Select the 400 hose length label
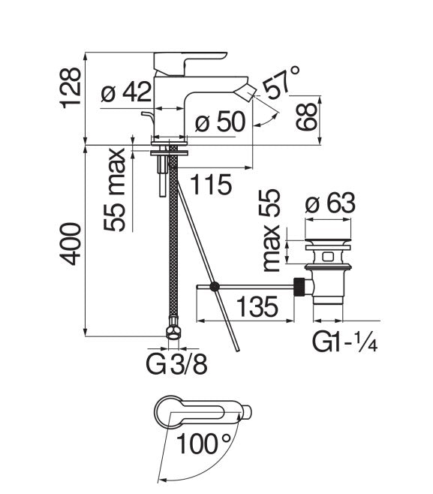coord(70,242)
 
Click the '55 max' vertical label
coord(114,190)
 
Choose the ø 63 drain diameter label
coord(329,202)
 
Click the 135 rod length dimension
coord(258,306)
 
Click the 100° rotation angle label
coord(203,445)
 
